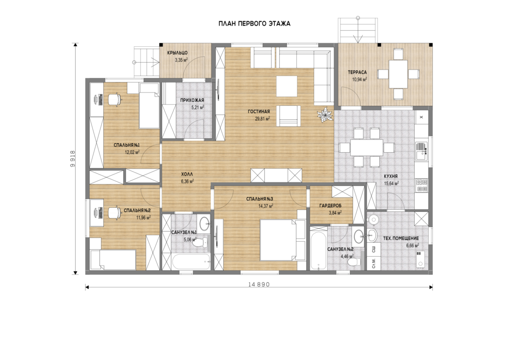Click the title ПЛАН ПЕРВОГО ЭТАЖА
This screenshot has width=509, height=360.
click(254, 24)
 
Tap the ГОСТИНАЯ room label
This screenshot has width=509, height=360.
click(258, 111)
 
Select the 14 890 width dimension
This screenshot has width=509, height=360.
click(259, 284)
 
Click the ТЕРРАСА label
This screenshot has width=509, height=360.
click(357, 73)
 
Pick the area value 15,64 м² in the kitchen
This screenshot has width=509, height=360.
click(392, 183)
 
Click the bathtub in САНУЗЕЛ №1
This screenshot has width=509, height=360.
click(191, 262)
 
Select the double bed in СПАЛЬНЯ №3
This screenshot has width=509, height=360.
click(283, 240)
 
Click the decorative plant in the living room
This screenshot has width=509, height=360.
click(325, 115)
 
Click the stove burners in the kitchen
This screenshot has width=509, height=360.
click(422, 185)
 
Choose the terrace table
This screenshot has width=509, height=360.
click(398, 74)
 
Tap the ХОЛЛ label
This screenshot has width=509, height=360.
click(187, 175)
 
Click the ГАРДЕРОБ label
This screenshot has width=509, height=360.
click(331, 205)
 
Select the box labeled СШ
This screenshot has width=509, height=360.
click(374, 249)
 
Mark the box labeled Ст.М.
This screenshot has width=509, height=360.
click(374, 263)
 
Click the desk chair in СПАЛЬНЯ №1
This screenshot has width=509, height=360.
click(114, 99)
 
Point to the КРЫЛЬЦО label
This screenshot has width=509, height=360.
click(177, 53)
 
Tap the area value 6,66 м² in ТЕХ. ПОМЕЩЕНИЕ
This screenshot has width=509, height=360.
click(413, 246)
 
